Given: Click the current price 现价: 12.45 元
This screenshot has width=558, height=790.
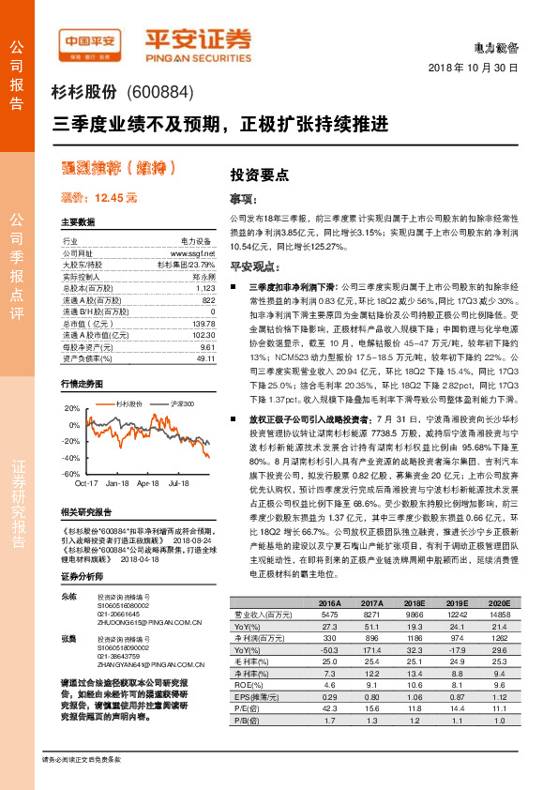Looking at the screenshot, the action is (x=98, y=198).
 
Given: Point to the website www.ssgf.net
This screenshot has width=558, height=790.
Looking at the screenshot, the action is (x=195, y=253).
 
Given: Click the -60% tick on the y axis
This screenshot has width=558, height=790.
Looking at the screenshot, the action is (x=71, y=474).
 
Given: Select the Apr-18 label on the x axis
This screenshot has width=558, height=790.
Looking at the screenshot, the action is (x=148, y=484).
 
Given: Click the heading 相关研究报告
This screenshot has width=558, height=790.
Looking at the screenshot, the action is (x=85, y=512).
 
